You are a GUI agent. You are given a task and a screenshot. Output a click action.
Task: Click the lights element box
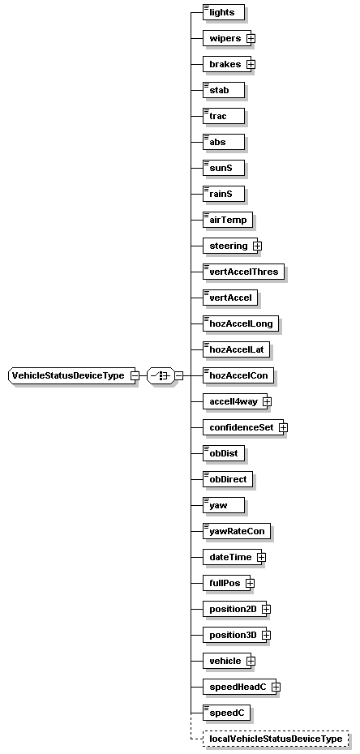pyautogui.click(x=224, y=12)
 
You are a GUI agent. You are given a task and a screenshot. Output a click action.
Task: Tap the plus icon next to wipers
pyautogui.click(x=251, y=38)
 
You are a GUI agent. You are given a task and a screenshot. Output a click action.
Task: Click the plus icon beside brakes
pyautogui.click(x=251, y=64)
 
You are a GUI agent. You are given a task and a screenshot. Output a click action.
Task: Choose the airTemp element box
pyautogui.click(x=228, y=220)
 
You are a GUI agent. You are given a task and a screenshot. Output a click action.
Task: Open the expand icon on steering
pyautogui.click(x=257, y=246)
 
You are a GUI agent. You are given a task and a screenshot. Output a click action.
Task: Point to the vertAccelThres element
pyautogui.click(x=243, y=272)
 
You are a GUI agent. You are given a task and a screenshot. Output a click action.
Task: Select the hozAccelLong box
pyautogui.click(x=241, y=323)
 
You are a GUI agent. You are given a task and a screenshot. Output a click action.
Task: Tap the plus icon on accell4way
pyautogui.click(x=266, y=401)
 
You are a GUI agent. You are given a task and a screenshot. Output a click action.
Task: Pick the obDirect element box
pyautogui.click(x=228, y=479)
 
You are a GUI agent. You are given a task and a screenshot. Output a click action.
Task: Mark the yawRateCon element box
pyautogui.click(x=237, y=531)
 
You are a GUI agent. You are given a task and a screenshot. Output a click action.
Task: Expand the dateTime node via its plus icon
pyautogui.click(x=261, y=557)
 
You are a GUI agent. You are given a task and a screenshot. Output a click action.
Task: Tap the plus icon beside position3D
pyautogui.click(x=266, y=635)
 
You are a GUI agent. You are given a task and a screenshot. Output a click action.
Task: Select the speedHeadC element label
pyautogui.click(x=237, y=687)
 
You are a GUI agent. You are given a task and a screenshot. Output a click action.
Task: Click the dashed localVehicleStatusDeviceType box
pyautogui.click(x=276, y=739)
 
